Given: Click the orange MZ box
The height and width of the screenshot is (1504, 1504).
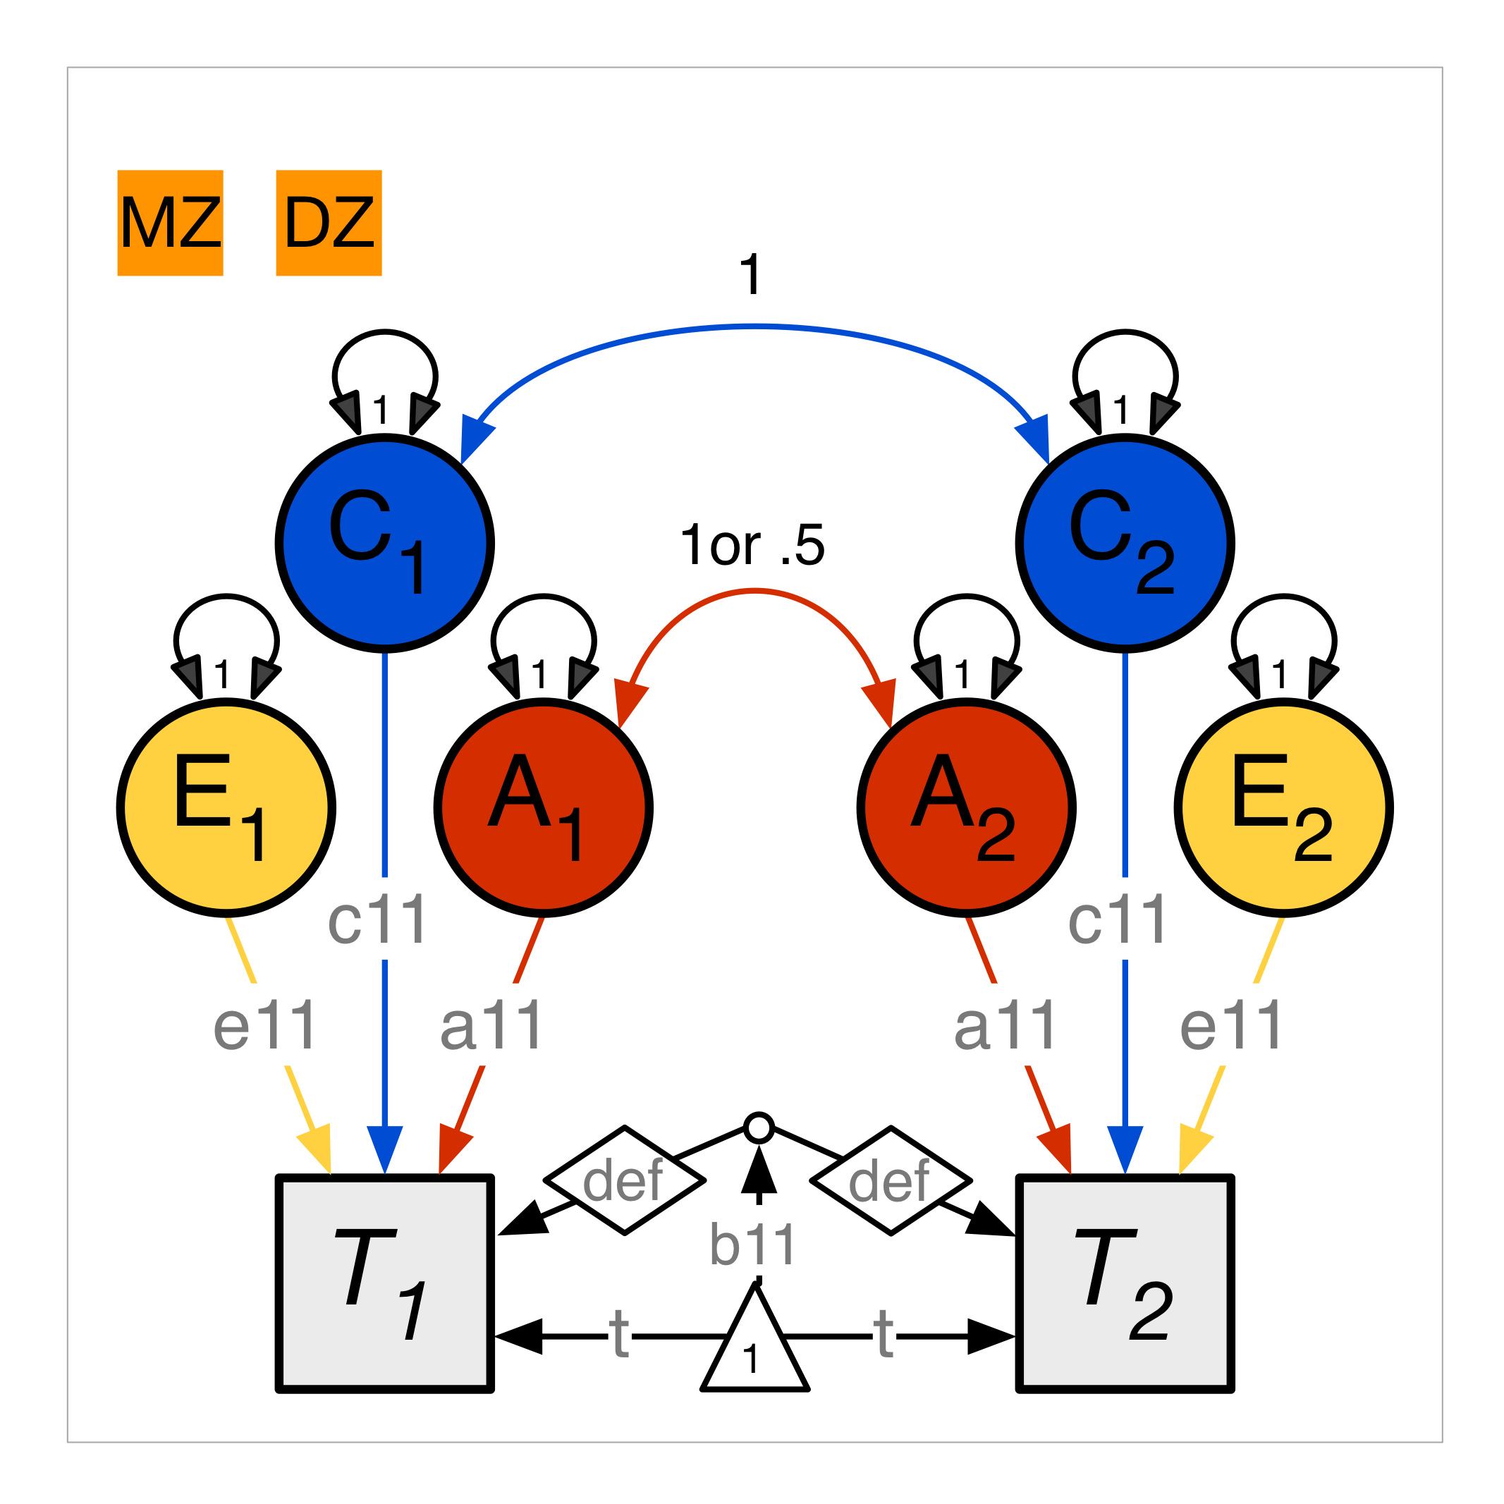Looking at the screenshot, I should tap(171, 223).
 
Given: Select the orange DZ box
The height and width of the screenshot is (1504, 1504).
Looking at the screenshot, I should tap(329, 223).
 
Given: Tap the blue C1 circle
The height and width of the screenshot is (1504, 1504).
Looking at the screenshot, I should tap(385, 544).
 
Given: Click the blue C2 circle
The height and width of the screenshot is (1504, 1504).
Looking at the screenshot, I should tap(1125, 544).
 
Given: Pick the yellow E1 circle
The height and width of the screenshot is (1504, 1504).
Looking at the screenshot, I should tap(226, 808).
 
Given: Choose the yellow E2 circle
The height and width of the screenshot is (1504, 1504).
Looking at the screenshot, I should tap(1284, 808).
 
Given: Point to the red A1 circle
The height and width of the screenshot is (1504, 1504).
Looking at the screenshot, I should tap(544, 808).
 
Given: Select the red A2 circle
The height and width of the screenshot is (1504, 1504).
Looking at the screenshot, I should tap(967, 808).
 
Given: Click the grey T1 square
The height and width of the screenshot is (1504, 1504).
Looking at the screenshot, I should tap(385, 1283).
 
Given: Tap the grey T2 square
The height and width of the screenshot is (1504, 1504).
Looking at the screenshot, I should tap(1125, 1283).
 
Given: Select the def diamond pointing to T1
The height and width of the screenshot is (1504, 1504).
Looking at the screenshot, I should tap(624, 1180).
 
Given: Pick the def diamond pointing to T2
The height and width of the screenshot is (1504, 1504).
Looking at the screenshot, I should tap(891, 1180).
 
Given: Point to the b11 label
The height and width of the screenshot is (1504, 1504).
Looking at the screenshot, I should tap(753, 1244).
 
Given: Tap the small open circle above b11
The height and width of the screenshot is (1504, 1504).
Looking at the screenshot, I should tap(759, 1128).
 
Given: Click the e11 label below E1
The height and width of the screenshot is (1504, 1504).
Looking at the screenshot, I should tap(265, 1025).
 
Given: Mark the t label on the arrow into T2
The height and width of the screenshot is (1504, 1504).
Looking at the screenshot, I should tap(884, 1334).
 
